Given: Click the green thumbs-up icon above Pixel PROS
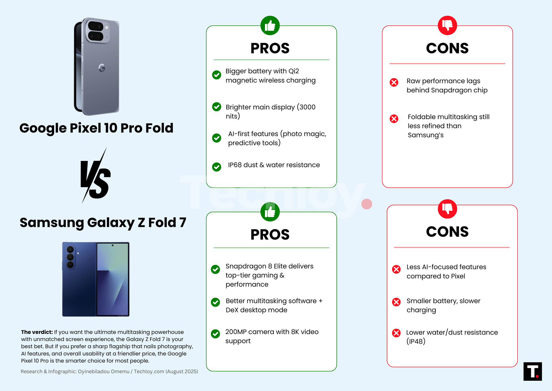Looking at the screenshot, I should click(x=270, y=26).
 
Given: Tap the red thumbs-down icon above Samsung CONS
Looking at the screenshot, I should click(x=447, y=209).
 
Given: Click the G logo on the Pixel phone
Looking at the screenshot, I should click(x=102, y=68).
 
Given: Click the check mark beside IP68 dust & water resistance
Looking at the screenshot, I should click(x=216, y=167).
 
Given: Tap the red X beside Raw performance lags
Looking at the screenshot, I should click(x=394, y=82).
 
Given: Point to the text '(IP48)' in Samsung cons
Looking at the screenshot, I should click(x=416, y=342).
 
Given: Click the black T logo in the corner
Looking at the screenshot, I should click(x=532, y=371).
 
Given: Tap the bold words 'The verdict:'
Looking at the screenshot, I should click(x=37, y=332).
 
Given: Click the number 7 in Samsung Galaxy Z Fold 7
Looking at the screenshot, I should click(x=182, y=223).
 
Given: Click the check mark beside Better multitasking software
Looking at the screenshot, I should click(x=215, y=302).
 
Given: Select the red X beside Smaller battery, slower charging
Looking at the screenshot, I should click(x=396, y=302).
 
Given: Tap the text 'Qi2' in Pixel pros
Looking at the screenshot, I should click(x=294, y=71).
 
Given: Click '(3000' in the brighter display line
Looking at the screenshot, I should click(x=306, y=107).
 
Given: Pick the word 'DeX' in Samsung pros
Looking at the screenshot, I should click(x=232, y=310).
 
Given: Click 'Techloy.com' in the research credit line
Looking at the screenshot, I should click(x=149, y=371).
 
